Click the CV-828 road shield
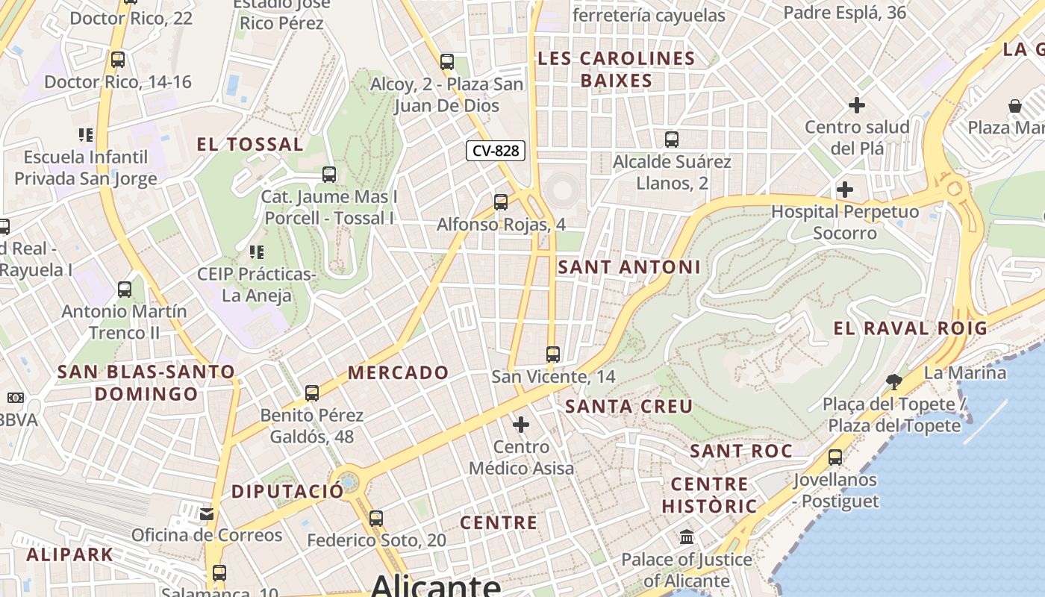496,151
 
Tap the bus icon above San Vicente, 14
553,354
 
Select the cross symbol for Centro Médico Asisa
521,425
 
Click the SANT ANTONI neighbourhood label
629,267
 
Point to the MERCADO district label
399,372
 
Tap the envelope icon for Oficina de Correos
207,513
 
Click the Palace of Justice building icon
687,537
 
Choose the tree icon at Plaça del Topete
893,382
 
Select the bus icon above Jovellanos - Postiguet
835,457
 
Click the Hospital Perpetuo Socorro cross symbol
845,190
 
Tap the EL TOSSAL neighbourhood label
250,145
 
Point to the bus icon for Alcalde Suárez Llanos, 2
672,139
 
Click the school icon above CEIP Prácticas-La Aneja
257,251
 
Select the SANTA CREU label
629,407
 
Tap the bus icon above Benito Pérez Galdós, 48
312,393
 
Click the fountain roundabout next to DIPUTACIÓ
348,481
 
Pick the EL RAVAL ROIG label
910,328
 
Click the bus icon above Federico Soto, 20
376,518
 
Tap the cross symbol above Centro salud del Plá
857,104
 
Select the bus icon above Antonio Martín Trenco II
125,289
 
